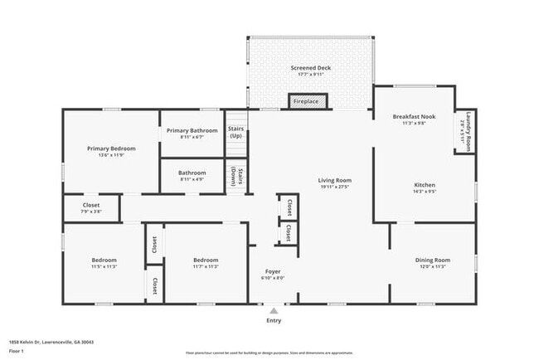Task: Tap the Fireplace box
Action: [307, 101]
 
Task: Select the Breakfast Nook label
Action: [413, 117]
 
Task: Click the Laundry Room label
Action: [469, 130]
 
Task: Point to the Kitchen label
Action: [425, 185]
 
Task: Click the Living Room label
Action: [335, 180]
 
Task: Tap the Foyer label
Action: [273, 271]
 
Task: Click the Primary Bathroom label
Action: [192, 130]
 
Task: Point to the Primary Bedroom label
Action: [111, 148]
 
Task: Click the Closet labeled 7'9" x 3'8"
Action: [91, 208]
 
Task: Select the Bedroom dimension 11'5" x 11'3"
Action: [104, 266]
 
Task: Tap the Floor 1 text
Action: [17, 351]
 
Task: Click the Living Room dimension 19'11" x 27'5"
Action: [335, 187]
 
